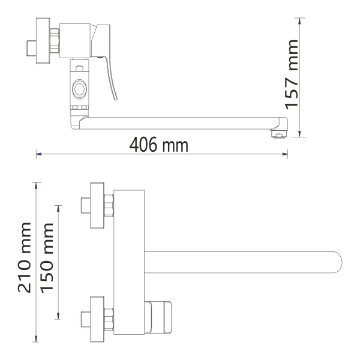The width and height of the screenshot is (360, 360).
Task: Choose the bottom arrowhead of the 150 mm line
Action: pyautogui.click(x=58, y=316)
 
